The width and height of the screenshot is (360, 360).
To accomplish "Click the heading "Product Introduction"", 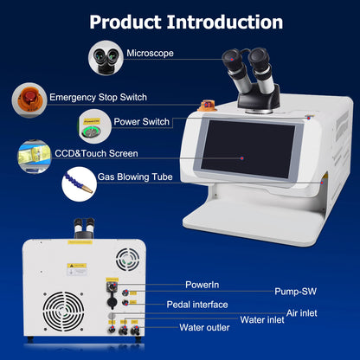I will click(x=186, y=21).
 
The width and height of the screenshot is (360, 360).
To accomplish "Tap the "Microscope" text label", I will click(x=151, y=54).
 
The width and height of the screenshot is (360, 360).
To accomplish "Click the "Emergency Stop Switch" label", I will click(x=97, y=97).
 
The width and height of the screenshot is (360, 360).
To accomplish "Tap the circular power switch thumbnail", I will click(x=95, y=124).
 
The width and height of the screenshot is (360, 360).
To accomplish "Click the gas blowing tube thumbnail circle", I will click(x=78, y=184).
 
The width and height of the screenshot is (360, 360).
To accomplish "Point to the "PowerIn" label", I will click(x=202, y=284).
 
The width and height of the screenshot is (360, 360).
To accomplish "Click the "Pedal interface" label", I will click(x=197, y=304).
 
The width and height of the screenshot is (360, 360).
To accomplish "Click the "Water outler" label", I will click(x=204, y=327).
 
